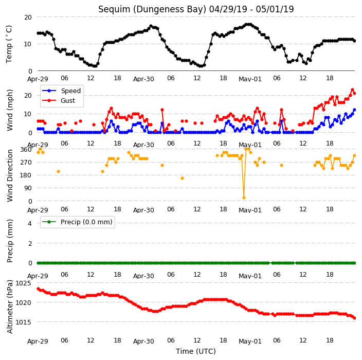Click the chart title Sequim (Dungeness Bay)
(x=152, y=10)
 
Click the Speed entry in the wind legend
(x=70, y=91)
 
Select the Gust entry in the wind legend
(x=68, y=101)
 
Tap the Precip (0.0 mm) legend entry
(x=86, y=222)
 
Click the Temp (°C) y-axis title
(x=9, y=44)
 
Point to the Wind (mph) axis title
(x=10, y=110)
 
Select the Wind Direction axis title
(x=10, y=176)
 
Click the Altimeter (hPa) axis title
(x=10, y=307)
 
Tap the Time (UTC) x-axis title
(x=196, y=351)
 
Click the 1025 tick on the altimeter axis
(x=23, y=283)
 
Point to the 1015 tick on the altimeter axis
(x=23, y=322)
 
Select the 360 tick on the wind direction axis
(x=26, y=150)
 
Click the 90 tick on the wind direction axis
(x=28, y=188)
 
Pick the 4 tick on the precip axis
(x=30, y=223)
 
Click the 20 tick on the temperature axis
(x=28, y=17)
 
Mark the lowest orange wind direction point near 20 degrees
(x=244, y=198)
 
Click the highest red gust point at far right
(x=352, y=89)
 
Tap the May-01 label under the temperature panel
(x=250, y=79)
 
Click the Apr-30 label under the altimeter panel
(x=143, y=341)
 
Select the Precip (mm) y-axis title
(x=10, y=241)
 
